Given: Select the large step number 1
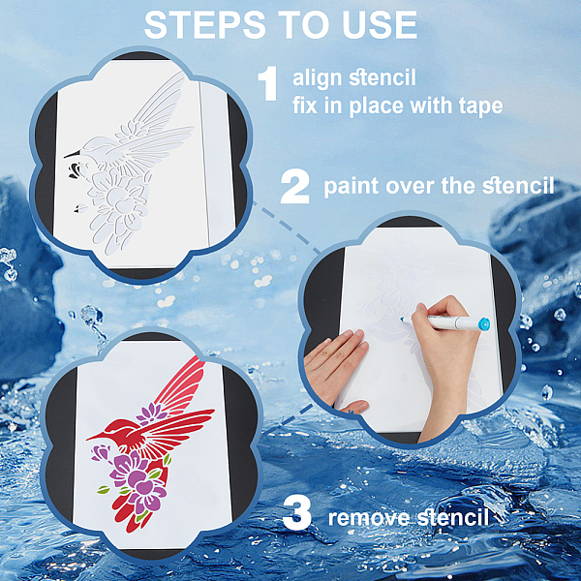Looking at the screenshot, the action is pos(268,83).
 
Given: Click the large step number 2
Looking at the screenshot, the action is pos(295,187).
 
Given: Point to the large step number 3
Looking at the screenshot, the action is pos(297,513).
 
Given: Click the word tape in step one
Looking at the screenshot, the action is pos(480,107).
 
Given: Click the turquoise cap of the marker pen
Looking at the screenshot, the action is pos(483,324).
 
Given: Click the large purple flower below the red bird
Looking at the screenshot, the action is pos(138,478).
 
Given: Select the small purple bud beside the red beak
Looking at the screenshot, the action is pos(100,453).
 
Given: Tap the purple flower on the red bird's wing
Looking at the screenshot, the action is pos(152,413).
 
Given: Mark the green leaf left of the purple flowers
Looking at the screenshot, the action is pos(104,490).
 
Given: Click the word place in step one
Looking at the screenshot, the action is pos(377,107).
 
